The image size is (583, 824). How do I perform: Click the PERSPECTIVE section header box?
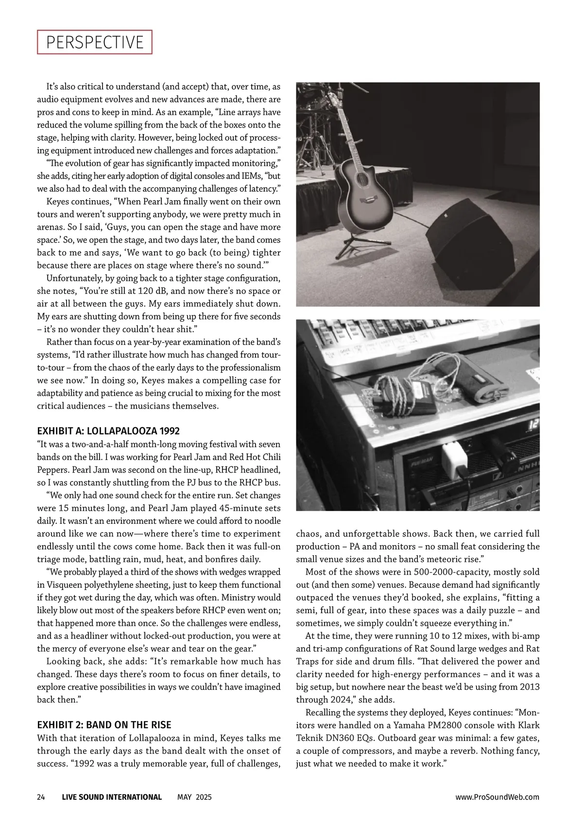tap(95, 42)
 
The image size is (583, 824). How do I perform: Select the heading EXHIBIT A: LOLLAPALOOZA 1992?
tap(108, 431)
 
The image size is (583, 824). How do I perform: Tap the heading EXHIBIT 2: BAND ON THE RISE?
tap(104, 724)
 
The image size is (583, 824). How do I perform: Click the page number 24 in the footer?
tap(41, 797)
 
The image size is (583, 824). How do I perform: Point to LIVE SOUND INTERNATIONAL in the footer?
tap(112, 797)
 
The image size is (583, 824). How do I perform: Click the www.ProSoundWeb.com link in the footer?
tap(497, 797)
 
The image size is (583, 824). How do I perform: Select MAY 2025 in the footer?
tap(194, 797)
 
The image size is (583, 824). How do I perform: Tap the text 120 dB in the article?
tap(148, 291)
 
